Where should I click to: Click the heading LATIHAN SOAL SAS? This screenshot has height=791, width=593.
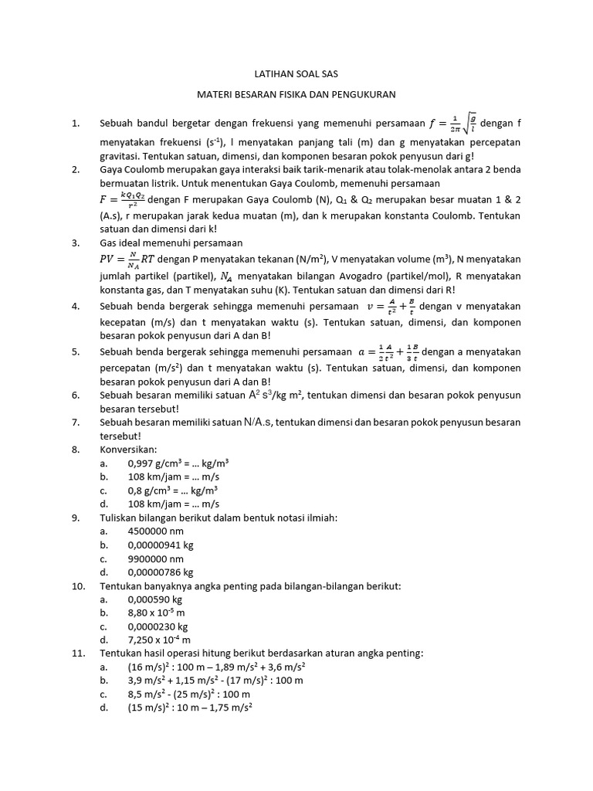click(x=296, y=73)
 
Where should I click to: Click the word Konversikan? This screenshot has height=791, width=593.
click(x=128, y=449)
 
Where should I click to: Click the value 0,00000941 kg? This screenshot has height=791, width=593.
click(x=161, y=545)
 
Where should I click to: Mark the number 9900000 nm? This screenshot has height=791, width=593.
click(x=156, y=558)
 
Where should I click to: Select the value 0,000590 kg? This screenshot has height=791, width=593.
click(x=155, y=599)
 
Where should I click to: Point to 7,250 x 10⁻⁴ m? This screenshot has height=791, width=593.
click(x=159, y=640)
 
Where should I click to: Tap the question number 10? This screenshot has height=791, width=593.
click(x=78, y=586)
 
